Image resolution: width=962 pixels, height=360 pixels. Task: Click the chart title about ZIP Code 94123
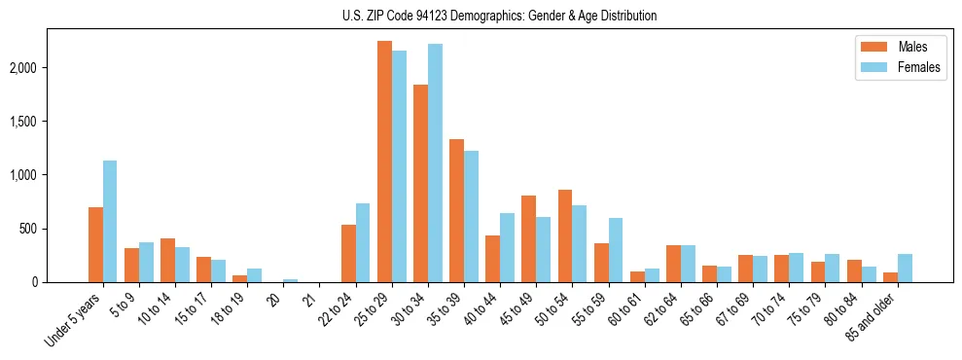pos(499,16)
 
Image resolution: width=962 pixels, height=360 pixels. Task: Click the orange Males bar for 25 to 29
pos(384,162)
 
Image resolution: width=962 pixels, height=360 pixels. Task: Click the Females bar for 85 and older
pos(905,269)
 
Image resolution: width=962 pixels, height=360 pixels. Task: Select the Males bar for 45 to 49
pos(528,239)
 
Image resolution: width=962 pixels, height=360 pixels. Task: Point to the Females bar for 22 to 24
pos(363,243)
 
